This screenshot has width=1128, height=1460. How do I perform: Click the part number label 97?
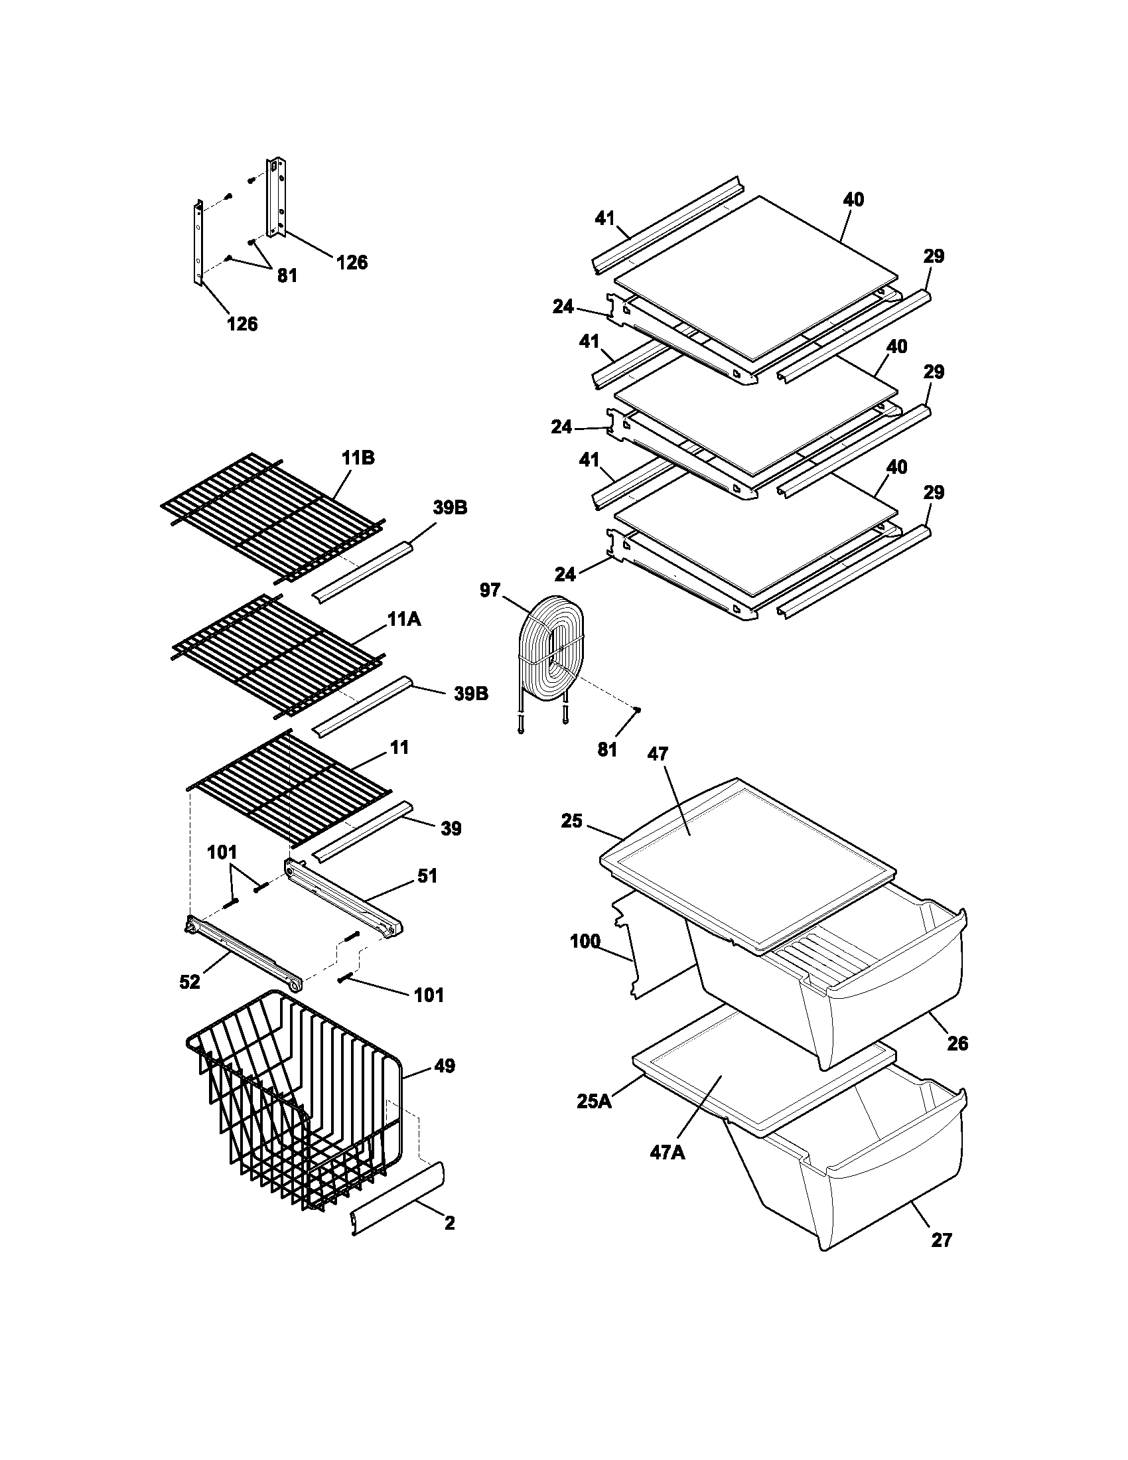490,590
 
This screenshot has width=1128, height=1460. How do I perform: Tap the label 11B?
358,459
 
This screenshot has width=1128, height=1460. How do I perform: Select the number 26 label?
957,1043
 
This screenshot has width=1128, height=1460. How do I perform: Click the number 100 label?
585,942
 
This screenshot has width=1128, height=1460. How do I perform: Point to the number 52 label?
190,983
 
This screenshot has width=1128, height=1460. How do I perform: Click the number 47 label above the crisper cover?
658,755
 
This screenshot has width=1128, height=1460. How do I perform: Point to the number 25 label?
572,822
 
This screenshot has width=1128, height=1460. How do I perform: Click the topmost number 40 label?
853,200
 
